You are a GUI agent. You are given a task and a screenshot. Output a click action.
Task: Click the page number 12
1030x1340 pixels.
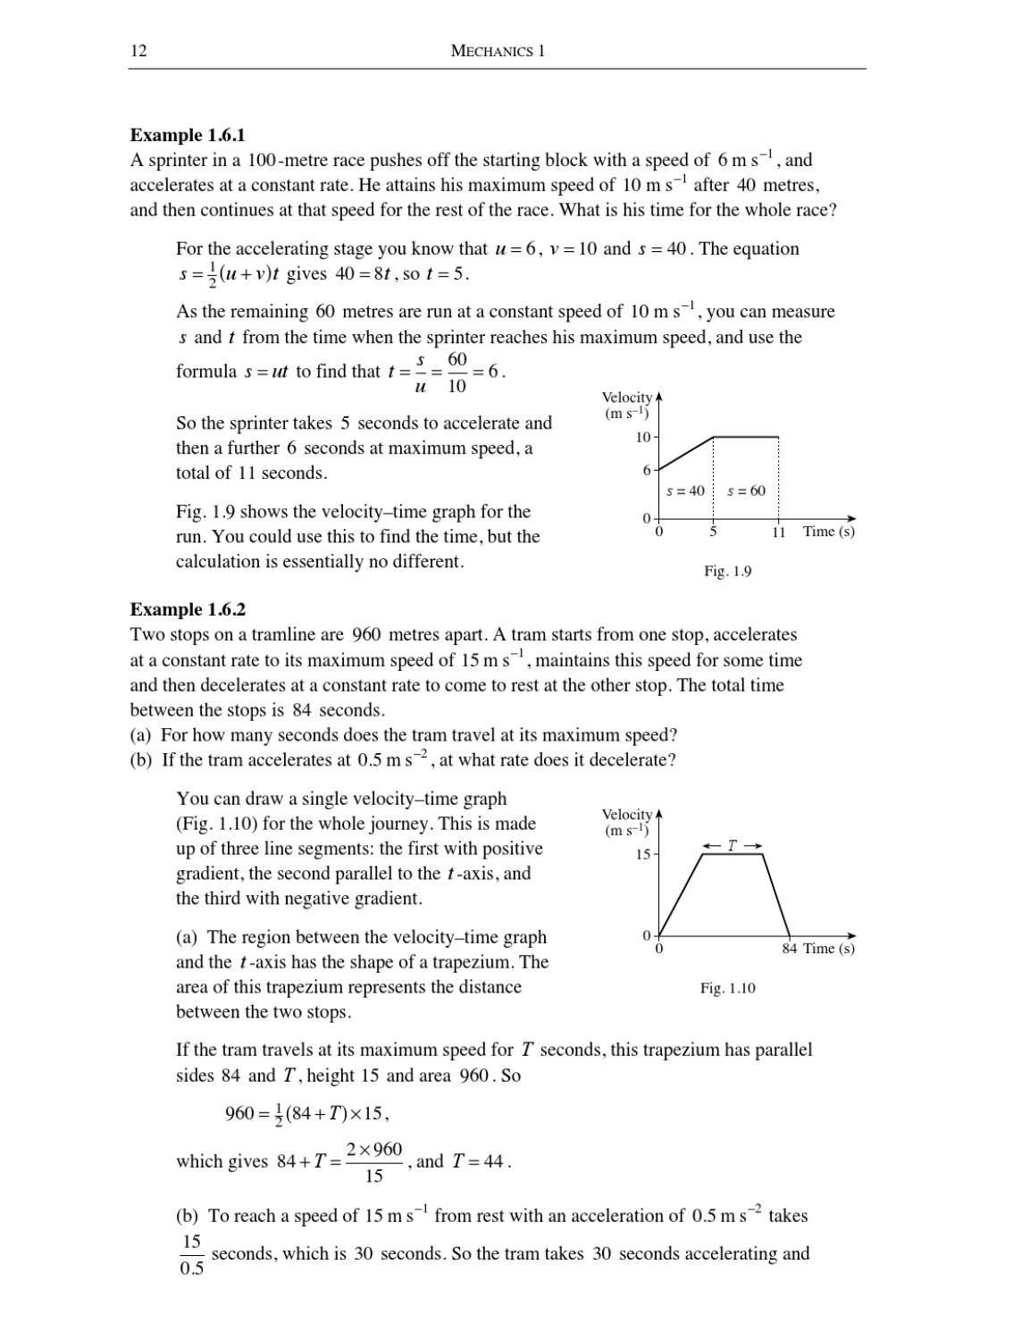coord(138,51)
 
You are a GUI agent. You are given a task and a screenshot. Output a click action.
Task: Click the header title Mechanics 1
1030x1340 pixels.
coord(498,51)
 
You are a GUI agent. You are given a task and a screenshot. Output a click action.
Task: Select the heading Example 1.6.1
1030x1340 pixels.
coord(188,135)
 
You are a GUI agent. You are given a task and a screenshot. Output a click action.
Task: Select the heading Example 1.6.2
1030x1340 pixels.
coord(188,609)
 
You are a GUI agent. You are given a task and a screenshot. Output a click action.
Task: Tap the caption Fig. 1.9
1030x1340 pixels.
coord(727,571)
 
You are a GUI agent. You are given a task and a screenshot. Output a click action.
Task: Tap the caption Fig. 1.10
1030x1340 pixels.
coord(727,988)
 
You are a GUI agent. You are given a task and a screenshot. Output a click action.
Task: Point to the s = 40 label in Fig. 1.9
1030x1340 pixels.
coord(685,490)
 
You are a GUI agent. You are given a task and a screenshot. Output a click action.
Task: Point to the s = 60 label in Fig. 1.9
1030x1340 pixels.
coord(746,490)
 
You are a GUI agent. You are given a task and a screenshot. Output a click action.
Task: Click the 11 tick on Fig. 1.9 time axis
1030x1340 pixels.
coord(778,532)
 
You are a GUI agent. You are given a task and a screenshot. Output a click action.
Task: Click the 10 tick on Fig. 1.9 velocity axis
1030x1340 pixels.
coord(643,438)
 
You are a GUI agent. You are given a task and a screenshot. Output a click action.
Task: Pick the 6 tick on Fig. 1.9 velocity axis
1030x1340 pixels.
coord(647,470)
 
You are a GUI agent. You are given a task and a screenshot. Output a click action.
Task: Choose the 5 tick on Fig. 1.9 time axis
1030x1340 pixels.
coord(713,532)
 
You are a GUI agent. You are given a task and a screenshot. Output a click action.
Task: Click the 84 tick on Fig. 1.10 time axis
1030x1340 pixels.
coord(789,949)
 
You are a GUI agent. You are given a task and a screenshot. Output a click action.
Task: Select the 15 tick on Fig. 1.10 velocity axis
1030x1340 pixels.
coord(643,855)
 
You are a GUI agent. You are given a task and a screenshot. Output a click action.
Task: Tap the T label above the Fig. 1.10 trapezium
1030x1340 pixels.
coord(732,845)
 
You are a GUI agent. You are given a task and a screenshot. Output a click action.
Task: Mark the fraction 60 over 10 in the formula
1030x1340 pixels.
coord(456,372)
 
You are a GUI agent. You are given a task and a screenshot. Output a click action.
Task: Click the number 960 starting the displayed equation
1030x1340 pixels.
coord(239,1114)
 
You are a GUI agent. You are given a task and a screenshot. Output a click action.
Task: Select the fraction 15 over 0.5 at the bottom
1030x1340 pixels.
coord(191,1255)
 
